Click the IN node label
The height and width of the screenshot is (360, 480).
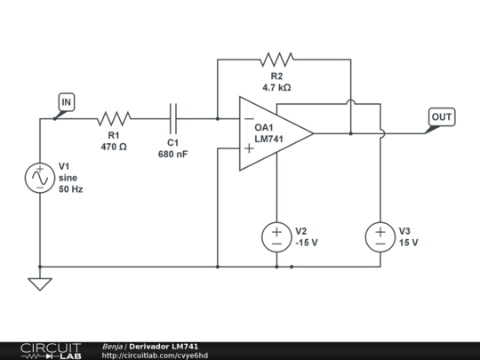pos(67,102)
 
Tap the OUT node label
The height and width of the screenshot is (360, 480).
pos(442,117)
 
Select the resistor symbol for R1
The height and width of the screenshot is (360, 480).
pos(114,119)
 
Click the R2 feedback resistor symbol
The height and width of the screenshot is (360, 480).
pos(276,60)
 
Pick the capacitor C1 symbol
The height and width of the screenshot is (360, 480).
pos(173,119)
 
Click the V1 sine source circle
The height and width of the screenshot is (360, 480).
pos(40,178)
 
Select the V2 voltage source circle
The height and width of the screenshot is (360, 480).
pos(276,237)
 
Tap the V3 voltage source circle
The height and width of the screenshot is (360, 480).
pos(380,237)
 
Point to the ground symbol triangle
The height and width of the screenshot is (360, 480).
pos(40,284)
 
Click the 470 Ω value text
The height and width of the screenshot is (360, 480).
pos(114,147)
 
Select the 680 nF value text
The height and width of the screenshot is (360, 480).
pos(173,155)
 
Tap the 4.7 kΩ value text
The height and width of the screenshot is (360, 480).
pos(276,87)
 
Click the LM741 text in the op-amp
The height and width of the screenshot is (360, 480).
pos(268,139)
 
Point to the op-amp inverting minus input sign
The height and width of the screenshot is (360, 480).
pos(249,119)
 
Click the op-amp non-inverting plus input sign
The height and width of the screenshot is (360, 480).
pos(249,148)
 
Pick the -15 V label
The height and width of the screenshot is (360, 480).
pos(307,243)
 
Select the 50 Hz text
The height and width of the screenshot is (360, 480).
pos(71,189)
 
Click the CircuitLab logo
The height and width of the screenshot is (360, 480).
pos(51,351)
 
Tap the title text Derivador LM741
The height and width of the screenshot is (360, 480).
pos(164,347)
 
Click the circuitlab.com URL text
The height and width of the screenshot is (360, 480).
pos(155,356)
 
